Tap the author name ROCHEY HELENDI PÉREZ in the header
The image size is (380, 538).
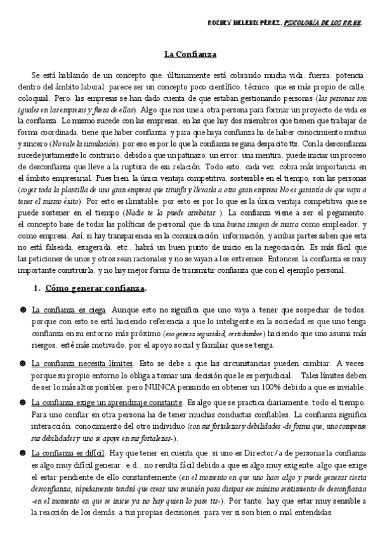[x=244, y=23]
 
